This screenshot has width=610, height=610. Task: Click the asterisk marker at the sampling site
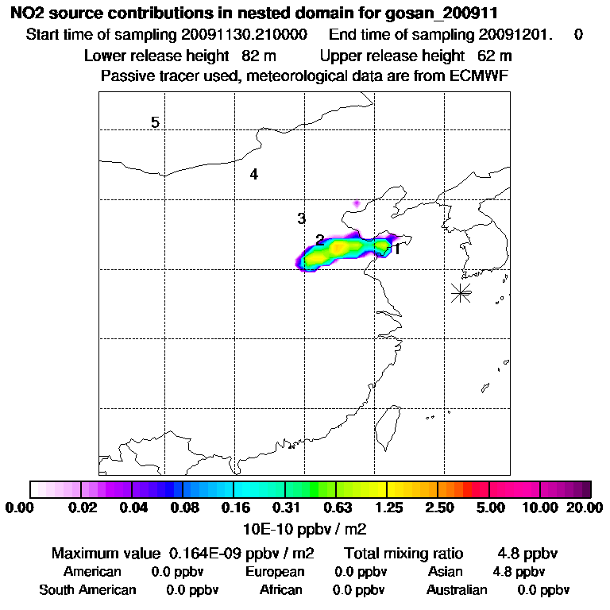click(461, 292)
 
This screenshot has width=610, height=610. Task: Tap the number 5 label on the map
click(155, 122)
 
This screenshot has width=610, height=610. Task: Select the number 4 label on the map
click(253, 175)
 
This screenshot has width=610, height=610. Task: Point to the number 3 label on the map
click(301, 218)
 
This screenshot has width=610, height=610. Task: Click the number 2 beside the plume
click(319, 240)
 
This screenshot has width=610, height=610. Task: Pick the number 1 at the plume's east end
click(396, 249)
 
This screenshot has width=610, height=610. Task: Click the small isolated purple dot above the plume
click(357, 203)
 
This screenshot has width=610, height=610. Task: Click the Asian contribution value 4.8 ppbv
click(519, 572)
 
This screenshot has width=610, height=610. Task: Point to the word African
click(281, 590)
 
